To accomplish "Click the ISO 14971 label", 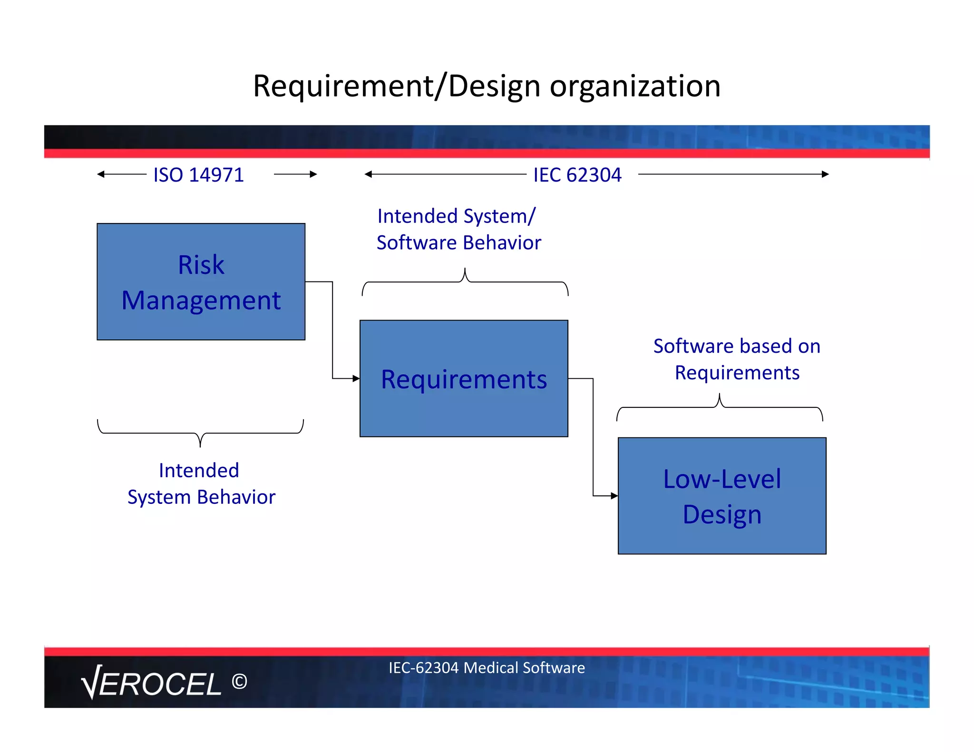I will click(198, 175).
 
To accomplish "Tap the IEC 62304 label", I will click(577, 175).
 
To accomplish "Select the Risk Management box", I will click(201, 281).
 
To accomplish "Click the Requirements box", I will click(464, 378).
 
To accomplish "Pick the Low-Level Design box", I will click(721, 496).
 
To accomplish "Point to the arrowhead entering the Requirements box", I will click(356, 378).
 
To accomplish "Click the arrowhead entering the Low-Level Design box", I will click(614, 496).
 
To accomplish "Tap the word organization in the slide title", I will click(635, 87).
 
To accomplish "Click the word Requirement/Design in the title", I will click(397, 87).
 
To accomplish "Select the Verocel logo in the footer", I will click(151, 683).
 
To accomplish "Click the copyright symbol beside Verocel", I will click(239, 682).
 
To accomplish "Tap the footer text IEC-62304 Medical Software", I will click(487, 667).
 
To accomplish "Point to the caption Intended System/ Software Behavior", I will click(458, 229).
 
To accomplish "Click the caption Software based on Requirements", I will click(737, 359).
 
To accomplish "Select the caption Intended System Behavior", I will click(201, 483).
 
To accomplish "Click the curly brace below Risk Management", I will click(200, 433).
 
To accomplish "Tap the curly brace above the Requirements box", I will click(465, 282).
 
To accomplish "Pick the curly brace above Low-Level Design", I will click(720, 407).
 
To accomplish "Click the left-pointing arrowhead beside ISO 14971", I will click(100, 174).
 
